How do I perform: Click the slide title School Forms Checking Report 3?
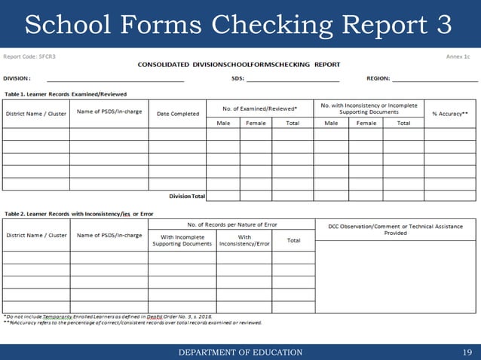pyautogui.click(x=239, y=24)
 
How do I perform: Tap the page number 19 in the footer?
pyautogui.click(x=467, y=352)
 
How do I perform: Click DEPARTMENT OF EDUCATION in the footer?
pyautogui.click(x=240, y=352)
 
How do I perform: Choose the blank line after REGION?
pyautogui.click(x=434, y=78)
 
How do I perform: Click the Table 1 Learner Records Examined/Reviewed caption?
pyautogui.click(x=65, y=94)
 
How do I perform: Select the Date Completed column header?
pyautogui.click(x=178, y=114)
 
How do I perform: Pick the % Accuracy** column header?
pyautogui.click(x=450, y=114)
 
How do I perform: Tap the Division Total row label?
pyautogui.click(x=187, y=196)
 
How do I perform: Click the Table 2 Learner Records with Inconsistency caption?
pyautogui.click(x=78, y=214)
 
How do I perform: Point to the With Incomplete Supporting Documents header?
pyautogui.click(x=182, y=240)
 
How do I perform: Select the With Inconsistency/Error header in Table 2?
pyautogui.click(x=244, y=240)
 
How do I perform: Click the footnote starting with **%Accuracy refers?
pyautogui.click(x=133, y=323)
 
